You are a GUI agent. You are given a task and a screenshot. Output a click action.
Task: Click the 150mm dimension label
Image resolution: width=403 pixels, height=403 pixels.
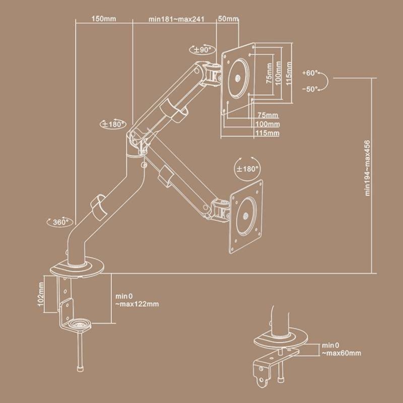pyautogui.click(x=104, y=19)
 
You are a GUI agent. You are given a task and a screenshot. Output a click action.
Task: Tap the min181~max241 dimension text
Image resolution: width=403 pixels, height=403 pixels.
pyautogui.click(x=177, y=19)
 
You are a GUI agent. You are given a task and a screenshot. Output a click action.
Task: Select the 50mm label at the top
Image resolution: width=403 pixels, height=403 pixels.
pyautogui.click(x=228, y=19)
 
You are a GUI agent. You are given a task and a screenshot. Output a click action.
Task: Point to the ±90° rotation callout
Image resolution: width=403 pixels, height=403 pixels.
pyautogui.click(x=203, y=49)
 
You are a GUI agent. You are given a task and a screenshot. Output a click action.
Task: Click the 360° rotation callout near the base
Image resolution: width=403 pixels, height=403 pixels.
pyautogui.click(x=60, y=222)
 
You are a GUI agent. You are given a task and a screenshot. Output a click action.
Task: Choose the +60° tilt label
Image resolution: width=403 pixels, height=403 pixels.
pyautogui.click(x=310, y=73)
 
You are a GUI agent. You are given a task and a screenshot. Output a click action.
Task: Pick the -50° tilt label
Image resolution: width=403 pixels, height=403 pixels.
pyautogui.click(x=310, y=89)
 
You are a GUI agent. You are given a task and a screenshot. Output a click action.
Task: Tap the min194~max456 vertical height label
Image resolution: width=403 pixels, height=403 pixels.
pyautogui.click(x=368, y=168)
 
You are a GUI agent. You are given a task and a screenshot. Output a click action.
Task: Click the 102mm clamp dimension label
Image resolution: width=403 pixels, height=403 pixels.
pyautogui.click(x=41, y=294)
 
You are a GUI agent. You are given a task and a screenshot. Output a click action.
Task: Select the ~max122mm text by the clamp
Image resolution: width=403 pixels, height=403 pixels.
pyautogui.click(x=137, y=304)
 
